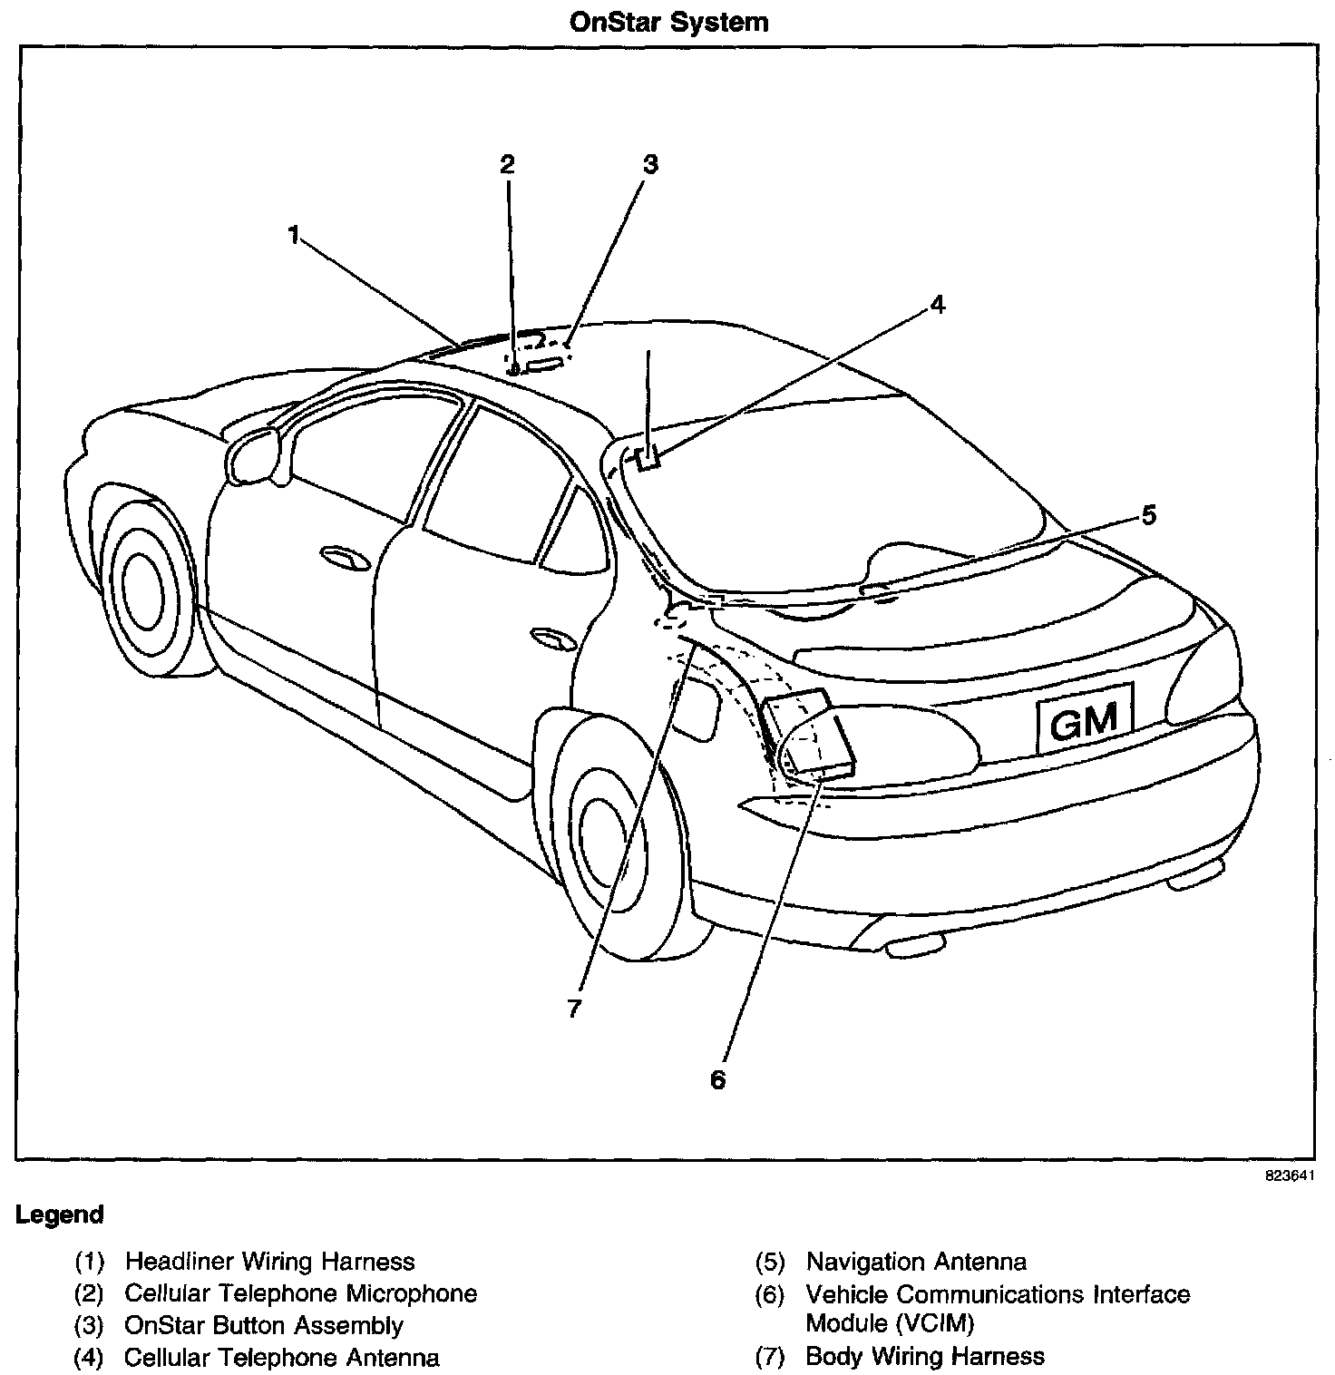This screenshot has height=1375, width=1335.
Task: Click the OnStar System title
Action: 668,22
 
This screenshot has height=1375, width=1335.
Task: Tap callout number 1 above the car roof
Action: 293,235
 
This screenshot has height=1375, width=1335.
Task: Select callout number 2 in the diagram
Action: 507,164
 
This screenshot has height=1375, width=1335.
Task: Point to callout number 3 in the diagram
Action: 649,164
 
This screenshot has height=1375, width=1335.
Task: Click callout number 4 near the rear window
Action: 937,305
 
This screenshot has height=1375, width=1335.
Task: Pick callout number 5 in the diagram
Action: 1148,515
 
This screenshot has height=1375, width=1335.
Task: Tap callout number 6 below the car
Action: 717,1079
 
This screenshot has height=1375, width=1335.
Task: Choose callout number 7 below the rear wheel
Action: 573,1008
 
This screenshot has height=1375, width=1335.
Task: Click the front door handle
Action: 345,559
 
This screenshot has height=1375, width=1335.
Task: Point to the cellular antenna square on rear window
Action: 648,458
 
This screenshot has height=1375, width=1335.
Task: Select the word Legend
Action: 59,1214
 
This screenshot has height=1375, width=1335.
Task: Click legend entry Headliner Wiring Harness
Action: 269,1262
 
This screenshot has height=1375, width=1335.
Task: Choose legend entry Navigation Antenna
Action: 916,1262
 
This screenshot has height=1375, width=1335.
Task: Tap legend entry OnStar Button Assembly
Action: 263,1325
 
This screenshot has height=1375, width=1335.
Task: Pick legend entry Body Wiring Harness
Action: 924,1356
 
